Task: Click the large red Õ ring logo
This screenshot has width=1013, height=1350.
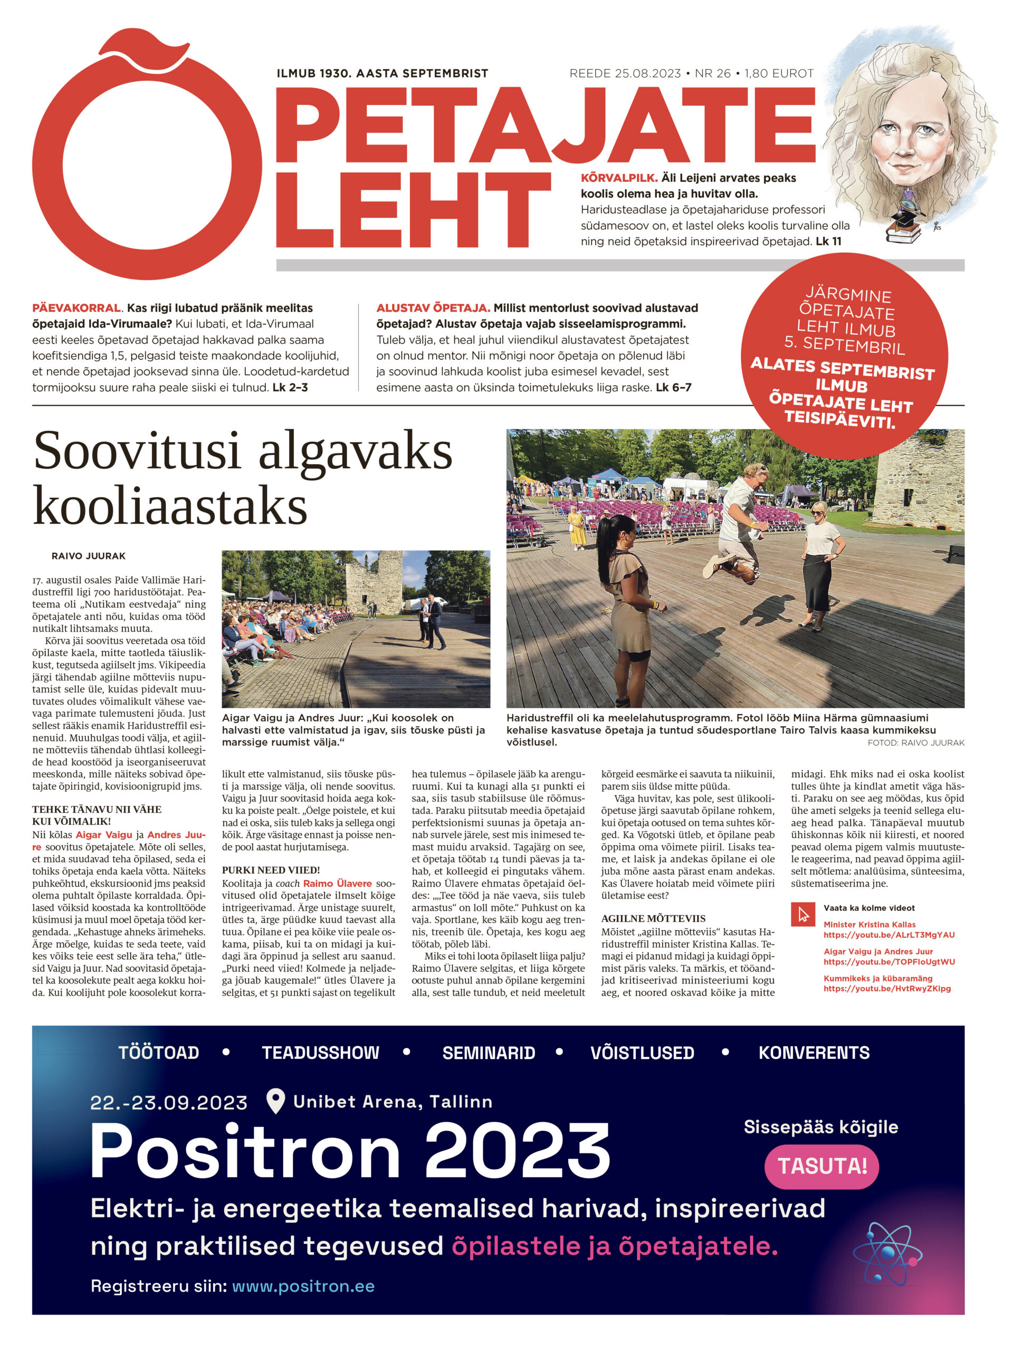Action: click(147, 165)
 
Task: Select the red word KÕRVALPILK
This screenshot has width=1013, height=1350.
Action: click(618, 178)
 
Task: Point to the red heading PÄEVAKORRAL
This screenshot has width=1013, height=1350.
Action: click(77, 308)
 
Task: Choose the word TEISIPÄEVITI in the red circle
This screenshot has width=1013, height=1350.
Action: click(839, 420)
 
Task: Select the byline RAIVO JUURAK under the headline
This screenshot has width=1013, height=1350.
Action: click(89, 556)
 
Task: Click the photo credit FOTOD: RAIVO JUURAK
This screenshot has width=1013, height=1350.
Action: click(915, 742)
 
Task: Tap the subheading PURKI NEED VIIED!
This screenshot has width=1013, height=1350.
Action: click(271, 870)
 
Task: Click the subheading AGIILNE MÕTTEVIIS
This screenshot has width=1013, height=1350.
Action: click(653, 919)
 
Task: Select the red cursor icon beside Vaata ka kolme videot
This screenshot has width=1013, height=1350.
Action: click(802, 914)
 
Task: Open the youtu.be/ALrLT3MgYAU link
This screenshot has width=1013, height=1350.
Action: click(888, 935)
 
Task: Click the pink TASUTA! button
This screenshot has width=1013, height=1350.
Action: click(821, 1166)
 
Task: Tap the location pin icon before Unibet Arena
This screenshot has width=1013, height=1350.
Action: click(276, 1101)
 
